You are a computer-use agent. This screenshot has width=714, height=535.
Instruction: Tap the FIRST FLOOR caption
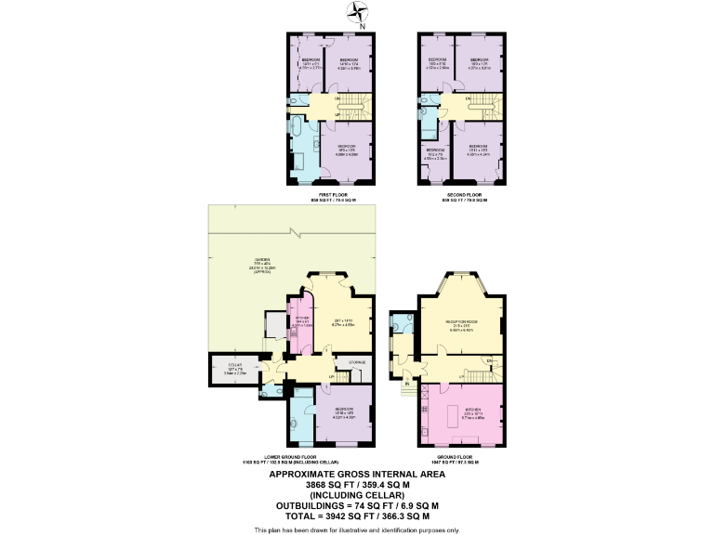[x=332, y=196]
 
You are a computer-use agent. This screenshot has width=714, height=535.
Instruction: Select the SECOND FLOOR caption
[x=462, y=196]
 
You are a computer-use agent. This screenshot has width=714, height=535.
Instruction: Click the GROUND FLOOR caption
[x=460, y=459]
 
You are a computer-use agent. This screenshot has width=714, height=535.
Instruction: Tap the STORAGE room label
[x=358, y=363]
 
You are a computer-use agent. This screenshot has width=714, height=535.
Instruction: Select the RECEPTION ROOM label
[x=461, y=324]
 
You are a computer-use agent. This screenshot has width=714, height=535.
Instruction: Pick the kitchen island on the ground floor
[x=458, y=411]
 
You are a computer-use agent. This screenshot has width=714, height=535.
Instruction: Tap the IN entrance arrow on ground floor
[x=407, y=383]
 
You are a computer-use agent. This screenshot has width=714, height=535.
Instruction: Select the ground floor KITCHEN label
[x=461, y=414]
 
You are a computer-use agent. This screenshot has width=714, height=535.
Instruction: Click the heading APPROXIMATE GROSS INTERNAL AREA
[x=357, y=474]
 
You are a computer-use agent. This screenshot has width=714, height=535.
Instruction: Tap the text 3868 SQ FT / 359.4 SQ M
[x=357, y=484]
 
